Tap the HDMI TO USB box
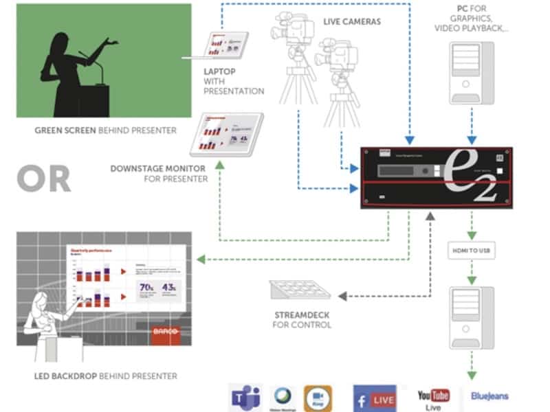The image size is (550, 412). [471, 251]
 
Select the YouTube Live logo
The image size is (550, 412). [433, 398]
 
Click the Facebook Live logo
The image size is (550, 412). [374, 398]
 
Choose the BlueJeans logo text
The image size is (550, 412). [489, 396]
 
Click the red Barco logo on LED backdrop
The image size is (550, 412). [167, 332]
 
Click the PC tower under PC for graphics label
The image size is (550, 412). [471, 73]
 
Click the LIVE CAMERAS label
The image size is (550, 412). [352, 22]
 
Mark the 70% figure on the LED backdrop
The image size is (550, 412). [146, 287]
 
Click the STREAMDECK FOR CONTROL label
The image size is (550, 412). [301, 319]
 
